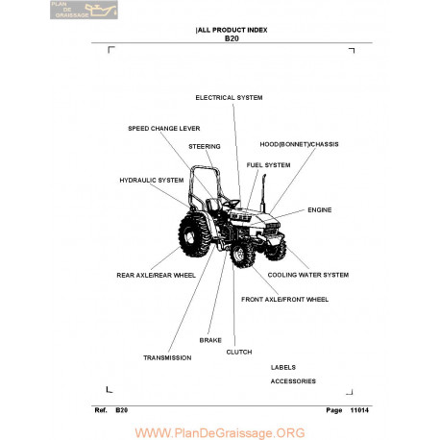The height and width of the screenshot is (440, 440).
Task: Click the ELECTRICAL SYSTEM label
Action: (x=229, y=98)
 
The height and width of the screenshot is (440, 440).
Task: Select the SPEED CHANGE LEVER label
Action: (x=164, y=129)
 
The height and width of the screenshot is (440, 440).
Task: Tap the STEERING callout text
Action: (x=205, y=147)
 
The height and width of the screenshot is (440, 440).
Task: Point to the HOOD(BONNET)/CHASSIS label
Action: (x=299, y=144)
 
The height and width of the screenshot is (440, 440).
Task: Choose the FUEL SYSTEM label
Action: (x=268, y=165)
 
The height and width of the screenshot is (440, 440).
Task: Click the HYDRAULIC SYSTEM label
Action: (x=152, y=181)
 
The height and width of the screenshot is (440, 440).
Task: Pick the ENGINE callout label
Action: (x=320, y=210)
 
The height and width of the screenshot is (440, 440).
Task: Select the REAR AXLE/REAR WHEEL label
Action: (x=156, y=276)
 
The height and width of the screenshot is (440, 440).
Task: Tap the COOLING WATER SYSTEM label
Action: (x=308, y=275)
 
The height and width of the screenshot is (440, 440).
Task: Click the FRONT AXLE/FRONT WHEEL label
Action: (x=284, y=300)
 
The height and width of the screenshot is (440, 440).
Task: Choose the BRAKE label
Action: (x=210, y=340)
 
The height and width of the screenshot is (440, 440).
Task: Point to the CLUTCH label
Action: (x=239, y=353)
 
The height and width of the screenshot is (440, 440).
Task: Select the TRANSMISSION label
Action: (x=167, y=358)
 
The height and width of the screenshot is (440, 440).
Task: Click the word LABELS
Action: (x=283, y=368)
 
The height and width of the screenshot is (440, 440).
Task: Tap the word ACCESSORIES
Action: (x=293, y=381)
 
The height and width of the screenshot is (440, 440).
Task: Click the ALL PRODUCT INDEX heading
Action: (x=232, y=30)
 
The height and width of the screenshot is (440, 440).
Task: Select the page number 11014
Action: (x=359, y=410)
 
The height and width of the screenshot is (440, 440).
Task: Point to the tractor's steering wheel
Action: (x=232, y=203)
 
